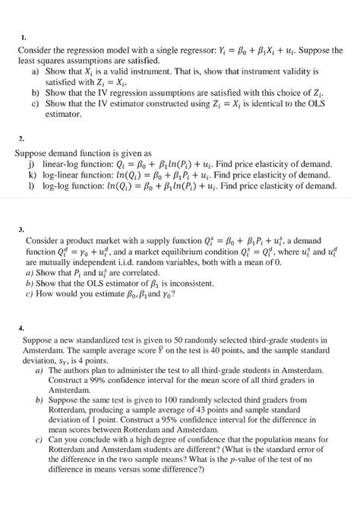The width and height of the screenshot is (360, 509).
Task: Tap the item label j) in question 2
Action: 30,163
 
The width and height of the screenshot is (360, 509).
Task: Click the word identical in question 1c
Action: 281,103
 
